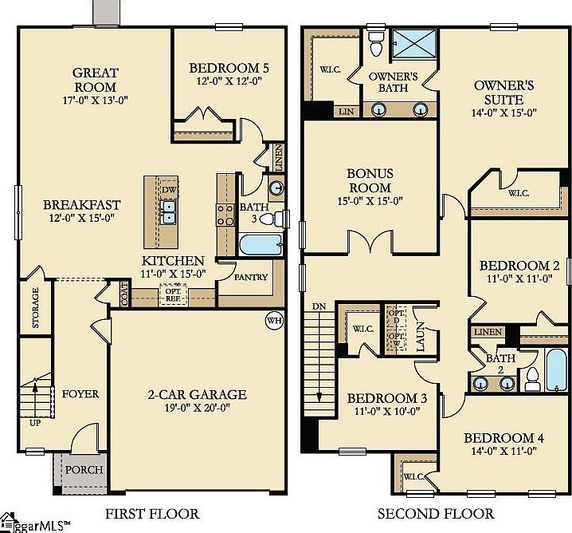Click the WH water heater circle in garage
tap(274, 321)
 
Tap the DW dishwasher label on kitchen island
tap(167, 190)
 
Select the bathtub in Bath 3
tap(257, 244)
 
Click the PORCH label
tap(84, 469)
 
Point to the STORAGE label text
tap(35, 310)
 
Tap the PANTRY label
tap(250, 278)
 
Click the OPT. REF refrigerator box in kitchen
tap(173, 294)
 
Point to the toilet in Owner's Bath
tap(377, 45)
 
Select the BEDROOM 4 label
tap(503, 438)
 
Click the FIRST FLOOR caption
tap(152, 513)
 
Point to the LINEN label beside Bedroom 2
tap(488, 332)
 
